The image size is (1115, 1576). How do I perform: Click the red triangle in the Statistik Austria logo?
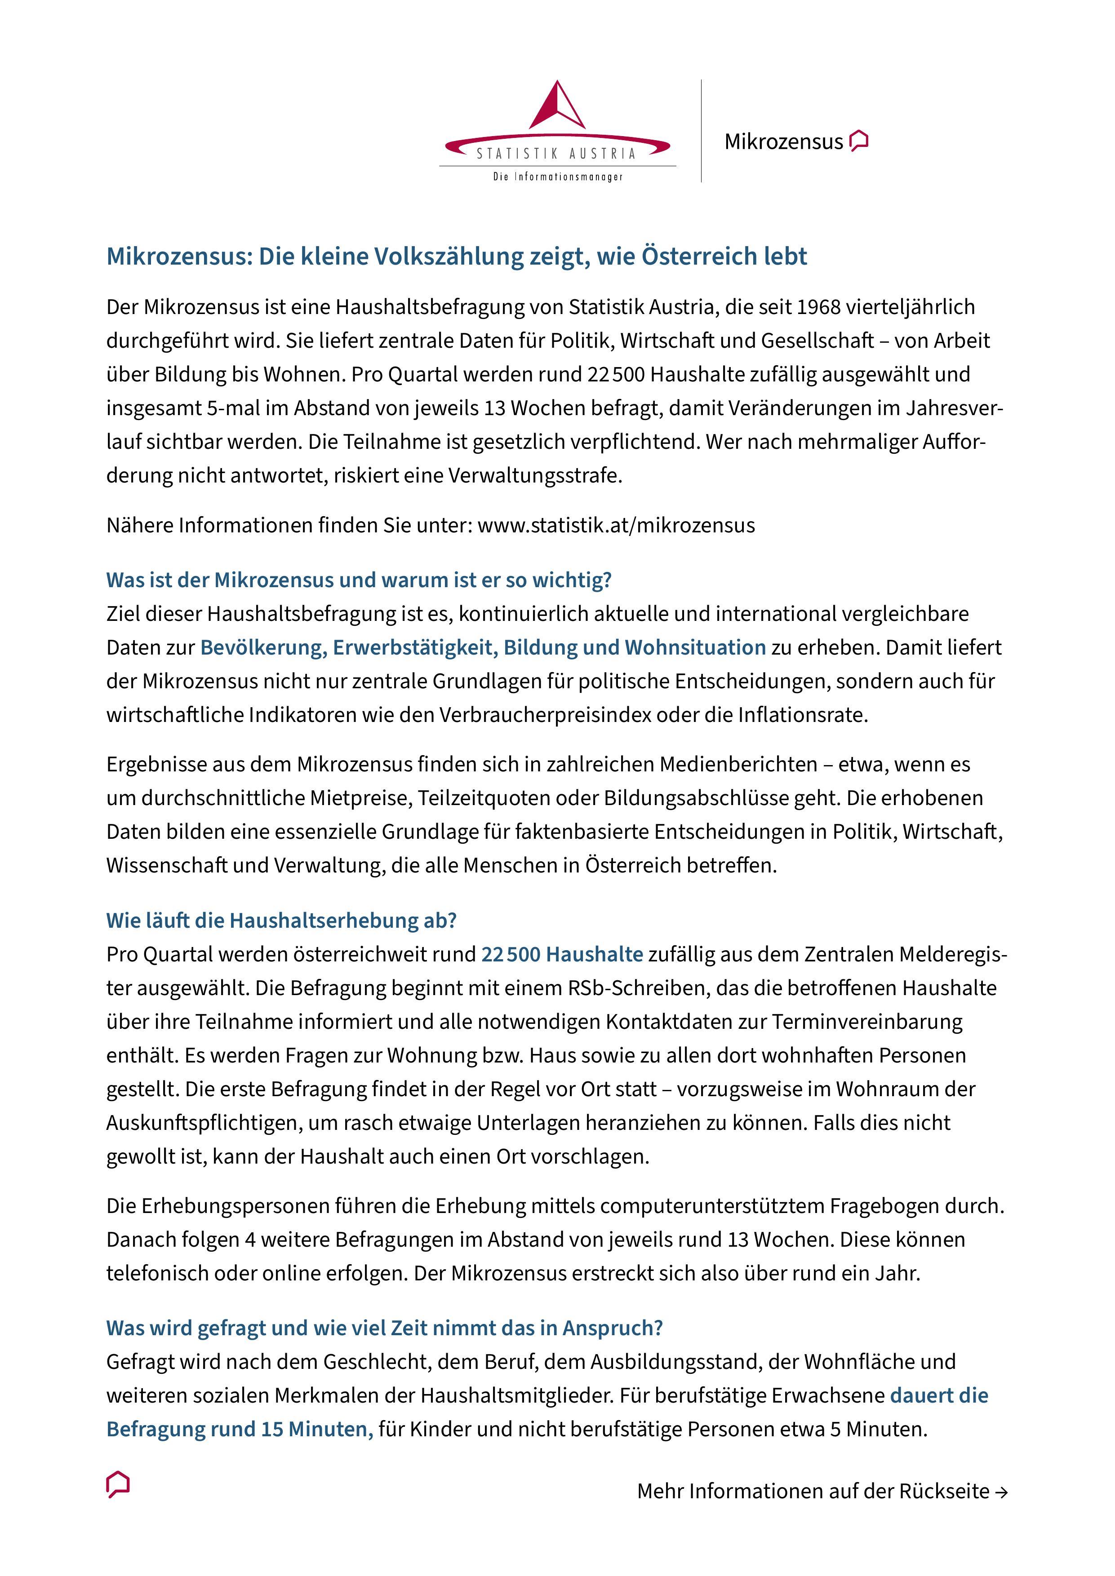[557, 106]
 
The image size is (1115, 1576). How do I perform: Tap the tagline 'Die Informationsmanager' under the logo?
[557, 177]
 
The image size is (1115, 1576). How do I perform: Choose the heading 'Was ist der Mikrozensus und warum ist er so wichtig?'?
[358, 580]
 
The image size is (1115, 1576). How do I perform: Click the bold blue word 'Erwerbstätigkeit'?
[415, 647]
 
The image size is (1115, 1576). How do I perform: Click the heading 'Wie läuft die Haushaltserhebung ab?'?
[281, 921]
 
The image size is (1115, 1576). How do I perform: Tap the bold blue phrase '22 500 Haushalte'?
[562, 954]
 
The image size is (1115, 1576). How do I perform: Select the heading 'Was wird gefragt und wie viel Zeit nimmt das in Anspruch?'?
[385, 1328]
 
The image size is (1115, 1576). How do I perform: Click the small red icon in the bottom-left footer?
[118, 1485]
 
